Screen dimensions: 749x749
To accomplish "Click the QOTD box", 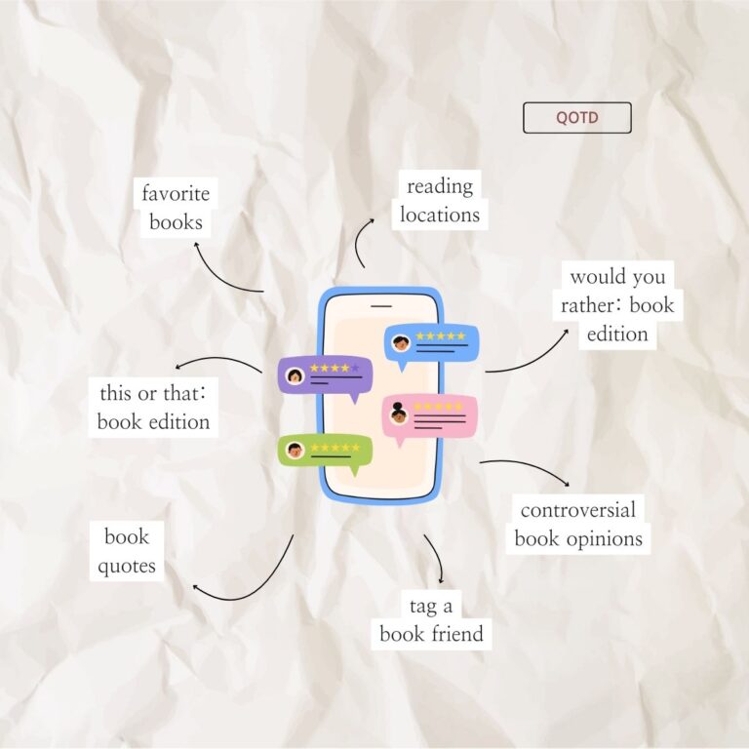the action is click(577, 117).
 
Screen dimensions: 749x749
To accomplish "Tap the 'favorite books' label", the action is click(176, 208).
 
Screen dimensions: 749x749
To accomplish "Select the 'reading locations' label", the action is click(440, 200).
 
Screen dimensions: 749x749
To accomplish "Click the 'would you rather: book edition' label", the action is click(617, 305).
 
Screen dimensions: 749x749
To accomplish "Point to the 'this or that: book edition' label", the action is click(153, 408).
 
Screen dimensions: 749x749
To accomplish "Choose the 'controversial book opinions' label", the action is click(578, 525).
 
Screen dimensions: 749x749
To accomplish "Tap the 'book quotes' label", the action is click(127, 551).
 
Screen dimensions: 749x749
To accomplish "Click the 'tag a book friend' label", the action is click(431, 620).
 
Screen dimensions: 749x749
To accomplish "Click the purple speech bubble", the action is click(325, 376).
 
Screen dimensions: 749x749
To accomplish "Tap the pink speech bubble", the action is click(430, 416).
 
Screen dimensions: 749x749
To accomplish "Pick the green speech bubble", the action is click(325, 452).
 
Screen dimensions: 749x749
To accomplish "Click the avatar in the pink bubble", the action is click(398, 414).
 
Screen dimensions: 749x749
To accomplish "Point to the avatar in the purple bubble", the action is click(295, 375).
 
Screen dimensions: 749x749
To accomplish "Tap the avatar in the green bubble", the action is click(295, 450).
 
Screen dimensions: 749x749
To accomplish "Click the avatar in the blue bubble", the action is click(401, 343).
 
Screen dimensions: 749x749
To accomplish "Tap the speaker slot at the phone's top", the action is click(381, 305).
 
